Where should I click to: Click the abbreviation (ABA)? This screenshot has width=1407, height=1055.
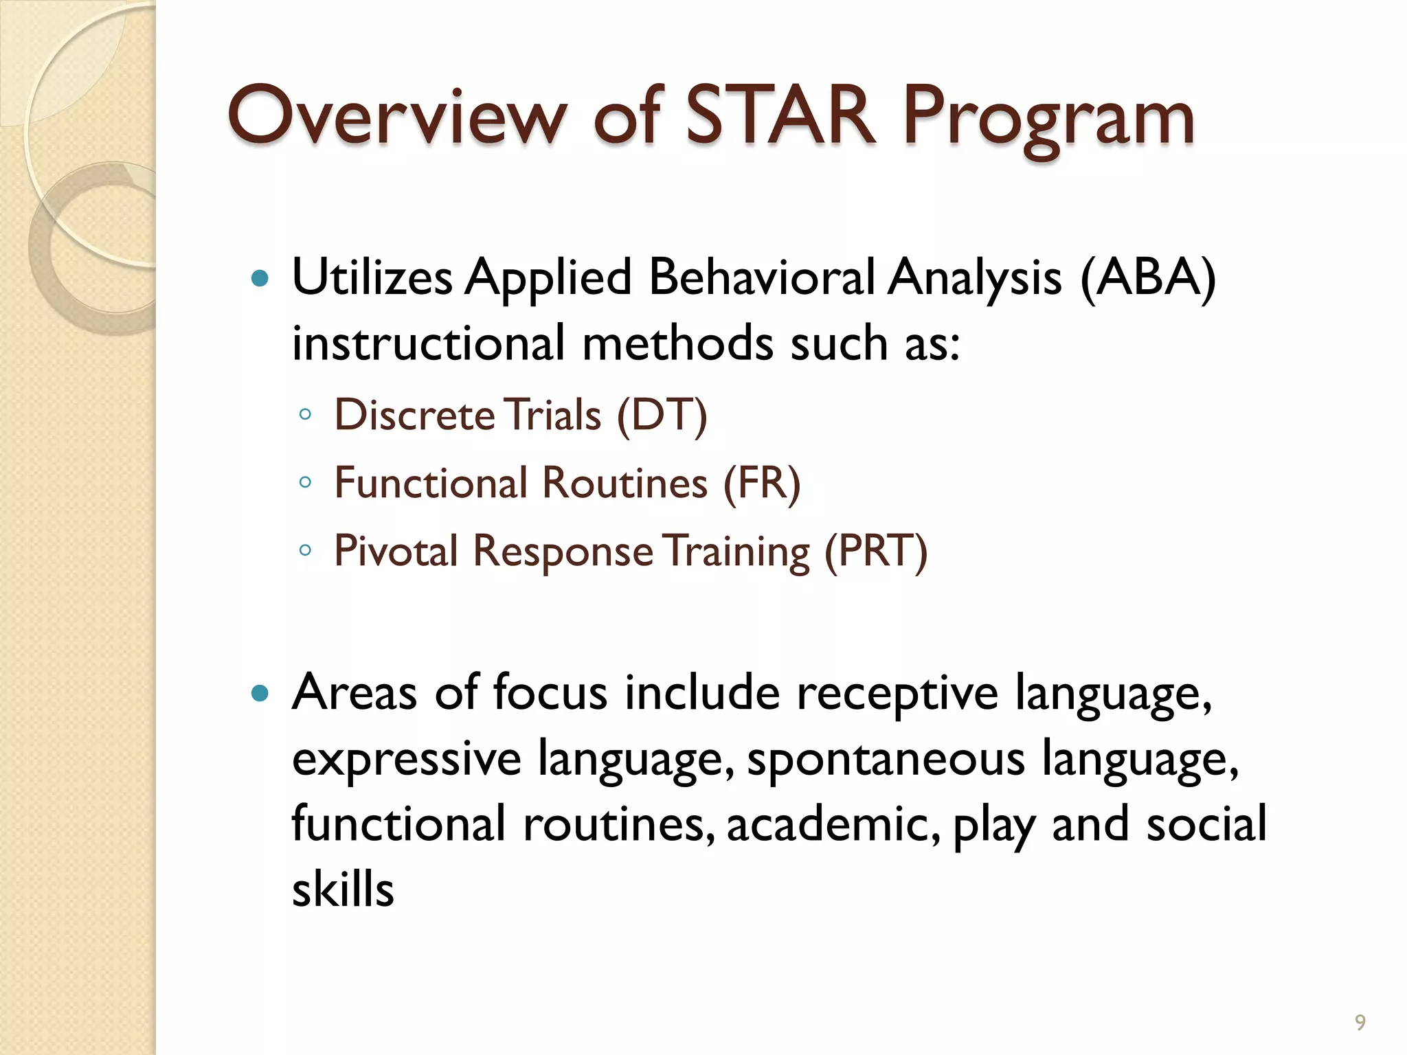coord(1148,278)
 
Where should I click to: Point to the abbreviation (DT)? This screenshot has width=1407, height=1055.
coord(662,415)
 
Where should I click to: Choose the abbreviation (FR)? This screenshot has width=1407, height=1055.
coord(762,483)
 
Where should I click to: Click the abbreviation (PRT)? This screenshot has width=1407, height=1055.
coord(876,551)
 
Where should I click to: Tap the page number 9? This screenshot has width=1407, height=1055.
coord(1360,1023)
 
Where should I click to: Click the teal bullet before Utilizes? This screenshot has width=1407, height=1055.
coord(260,278)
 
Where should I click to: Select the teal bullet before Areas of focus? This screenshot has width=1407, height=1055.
coord(260,693)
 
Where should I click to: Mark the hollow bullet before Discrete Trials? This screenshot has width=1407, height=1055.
coord(306,414)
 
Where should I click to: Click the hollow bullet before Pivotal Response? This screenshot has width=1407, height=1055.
coord(306,550)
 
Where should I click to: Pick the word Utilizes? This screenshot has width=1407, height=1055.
coord(372,278)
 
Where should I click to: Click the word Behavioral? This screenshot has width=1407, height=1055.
coord(761,278)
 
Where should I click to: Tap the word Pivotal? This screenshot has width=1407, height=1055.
coord(396,551)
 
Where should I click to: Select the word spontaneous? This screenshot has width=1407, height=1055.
coord(886,760)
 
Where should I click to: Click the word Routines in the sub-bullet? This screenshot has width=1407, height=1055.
coord(624,483)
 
